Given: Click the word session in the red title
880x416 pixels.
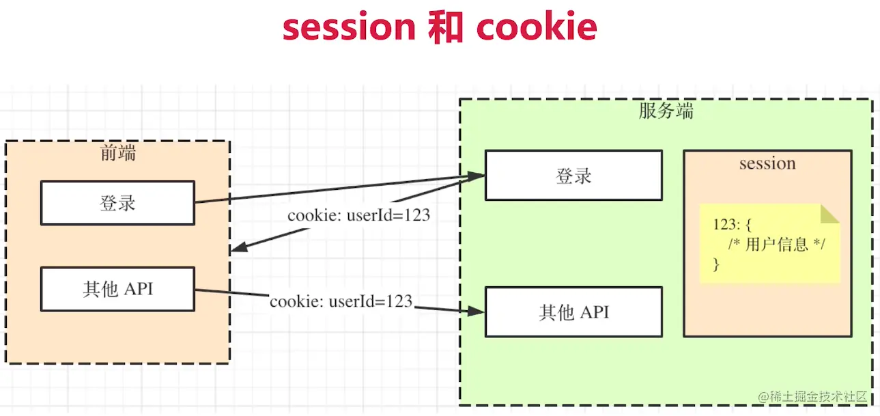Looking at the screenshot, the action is pos(349,27).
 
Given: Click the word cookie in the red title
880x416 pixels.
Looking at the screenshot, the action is pos(537,25).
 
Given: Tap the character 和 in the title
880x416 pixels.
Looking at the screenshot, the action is pos(446,27).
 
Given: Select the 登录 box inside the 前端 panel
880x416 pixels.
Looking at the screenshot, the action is pos(117,203).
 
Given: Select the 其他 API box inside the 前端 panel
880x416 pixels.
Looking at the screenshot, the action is pos(117,289).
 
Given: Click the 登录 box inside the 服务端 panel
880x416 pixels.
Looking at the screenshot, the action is pos(573,176).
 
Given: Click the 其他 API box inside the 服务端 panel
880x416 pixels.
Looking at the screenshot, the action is pos(573,311).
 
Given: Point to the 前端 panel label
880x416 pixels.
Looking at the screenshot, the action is pos(118,153).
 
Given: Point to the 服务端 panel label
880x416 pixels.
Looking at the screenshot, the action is pos(666,111).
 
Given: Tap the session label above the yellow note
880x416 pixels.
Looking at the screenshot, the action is pos(767,163).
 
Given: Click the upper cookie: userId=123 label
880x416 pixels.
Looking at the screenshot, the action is pos(358,215).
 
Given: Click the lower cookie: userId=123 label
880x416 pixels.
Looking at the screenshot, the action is pos(341,301).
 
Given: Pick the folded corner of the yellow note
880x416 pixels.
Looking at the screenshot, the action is pos(829,214).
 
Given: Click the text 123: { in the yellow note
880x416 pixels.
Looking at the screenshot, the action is pos(732,225).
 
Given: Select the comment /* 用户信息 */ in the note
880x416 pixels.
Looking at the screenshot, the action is pos(777,244).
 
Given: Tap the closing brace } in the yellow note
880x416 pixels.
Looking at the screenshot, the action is pos(716,264).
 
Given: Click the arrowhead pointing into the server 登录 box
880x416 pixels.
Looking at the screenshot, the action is pos(476,176).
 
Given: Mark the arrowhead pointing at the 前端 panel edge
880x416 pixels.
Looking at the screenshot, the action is pos(239,247).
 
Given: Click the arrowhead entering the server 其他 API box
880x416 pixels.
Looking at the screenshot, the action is pos(476,311).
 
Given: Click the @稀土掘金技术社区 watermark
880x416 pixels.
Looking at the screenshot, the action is pos(812,397).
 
